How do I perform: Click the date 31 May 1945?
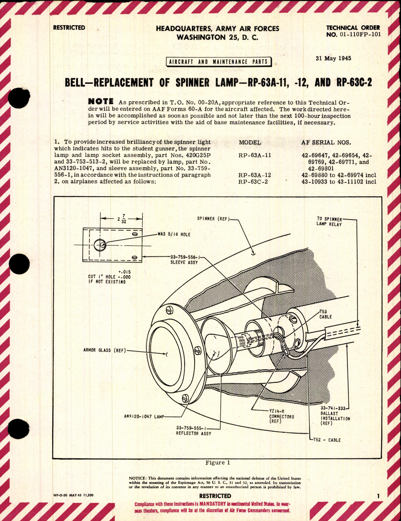click(333, 58)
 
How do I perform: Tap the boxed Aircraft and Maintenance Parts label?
click(218, 62)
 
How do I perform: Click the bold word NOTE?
click(101, 102)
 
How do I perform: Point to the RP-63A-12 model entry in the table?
click(255, 175)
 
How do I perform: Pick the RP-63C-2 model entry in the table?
click(253, 182)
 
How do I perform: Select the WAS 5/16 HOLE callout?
click(174, 235)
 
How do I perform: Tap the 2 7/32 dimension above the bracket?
click(121, 219)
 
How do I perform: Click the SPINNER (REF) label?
click(212, 219)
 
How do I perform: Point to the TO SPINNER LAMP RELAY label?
click(329, 222)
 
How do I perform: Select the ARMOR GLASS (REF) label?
click(104, 350)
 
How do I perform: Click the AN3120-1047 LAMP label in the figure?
click(144, 417)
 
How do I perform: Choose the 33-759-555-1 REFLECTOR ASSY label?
click(193, 430)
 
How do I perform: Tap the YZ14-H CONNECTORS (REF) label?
click(281, 416)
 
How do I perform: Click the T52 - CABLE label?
click(327, 440)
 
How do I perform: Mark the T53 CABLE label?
click(325, 314)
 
